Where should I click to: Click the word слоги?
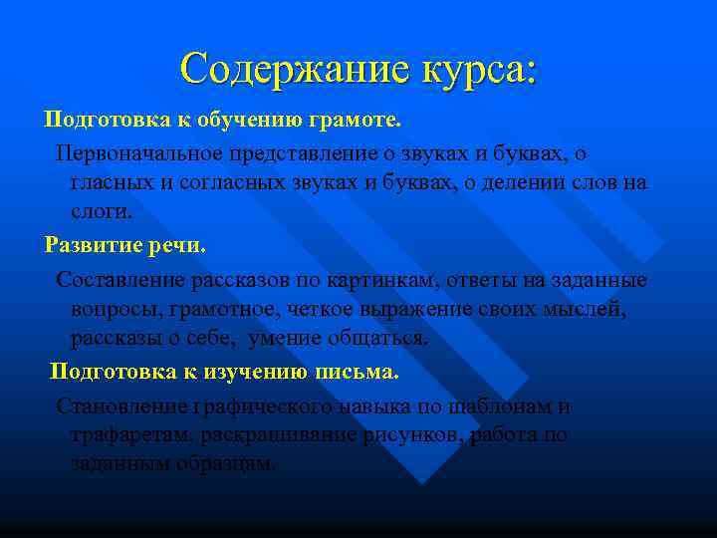[101, 212]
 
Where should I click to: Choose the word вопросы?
[112, 309]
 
